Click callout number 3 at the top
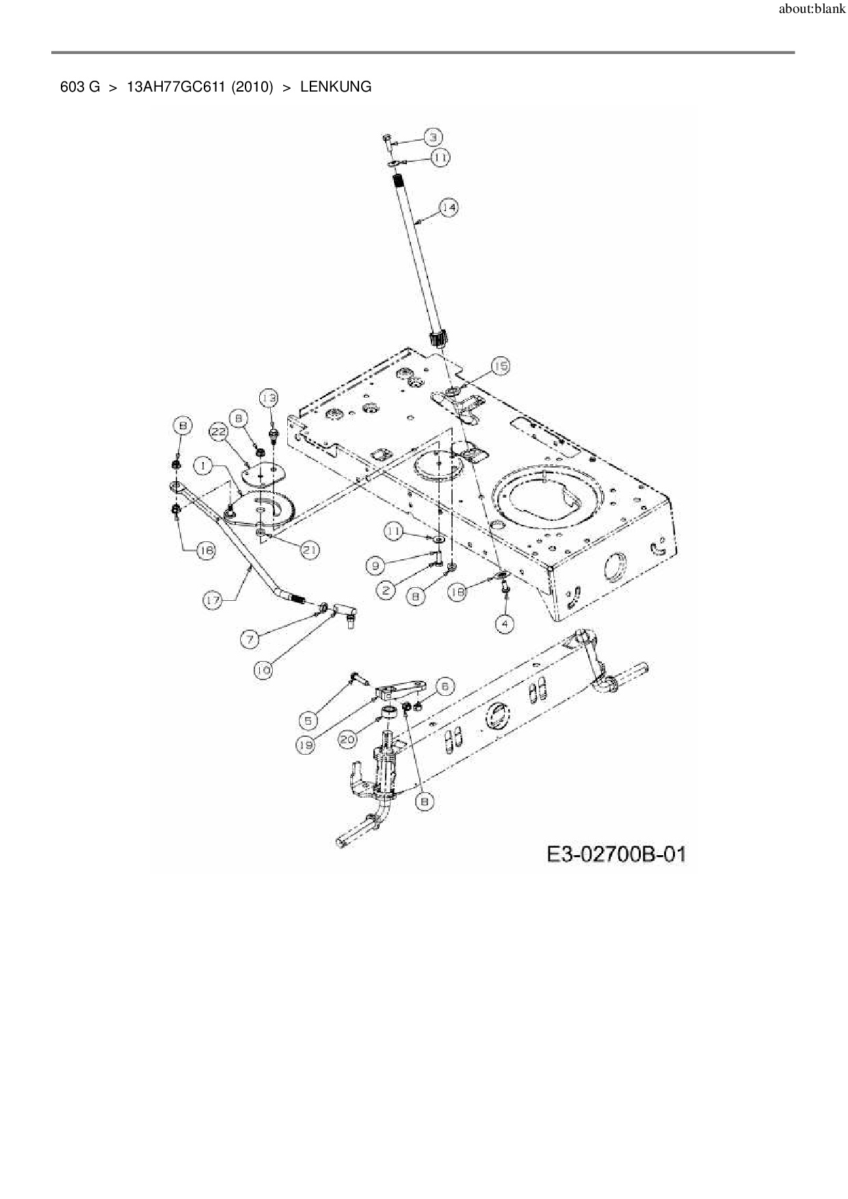coord(432,137)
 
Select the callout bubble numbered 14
coord(448,207)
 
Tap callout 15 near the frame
coord(501,367)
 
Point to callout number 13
coord(269,398)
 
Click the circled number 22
coord(218,432)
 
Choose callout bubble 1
coord(203,466)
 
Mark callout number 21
coord(310,550)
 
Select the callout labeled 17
coord(213,600)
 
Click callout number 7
coord(250,639)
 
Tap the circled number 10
coord(263,671)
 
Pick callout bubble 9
coord(374,565)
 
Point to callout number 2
coord(386,590)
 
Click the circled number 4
coord(504,624)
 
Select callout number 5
coord(308,720)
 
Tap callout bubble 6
coord(443,686)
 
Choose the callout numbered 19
coord(306,745)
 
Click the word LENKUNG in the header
coord(336,87)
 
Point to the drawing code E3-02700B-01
coord(615,854)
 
